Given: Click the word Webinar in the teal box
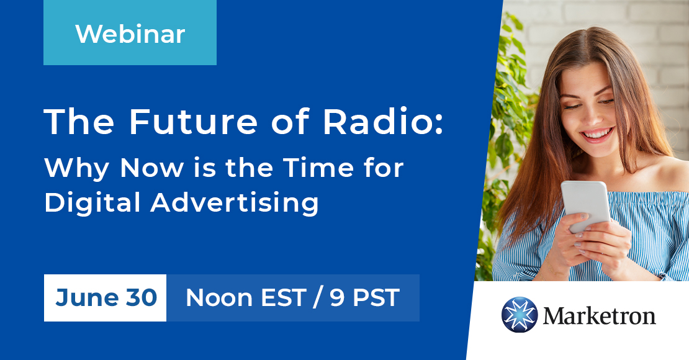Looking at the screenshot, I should click(x=130, y=34).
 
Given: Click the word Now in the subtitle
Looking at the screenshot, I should click(x=150, y=168).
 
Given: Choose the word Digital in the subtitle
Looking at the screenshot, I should click(x=88, y=202).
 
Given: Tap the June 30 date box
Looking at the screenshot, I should click(x=106, y=298).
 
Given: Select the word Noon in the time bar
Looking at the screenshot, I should click(x=216, y=298).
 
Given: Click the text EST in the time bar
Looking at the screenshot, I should click(x=281, y=298).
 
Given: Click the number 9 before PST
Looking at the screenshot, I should click(x=337, y=298).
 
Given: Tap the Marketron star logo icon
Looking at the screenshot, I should click(x=519, y=315).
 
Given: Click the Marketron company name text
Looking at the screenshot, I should click(x=599, y=315).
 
